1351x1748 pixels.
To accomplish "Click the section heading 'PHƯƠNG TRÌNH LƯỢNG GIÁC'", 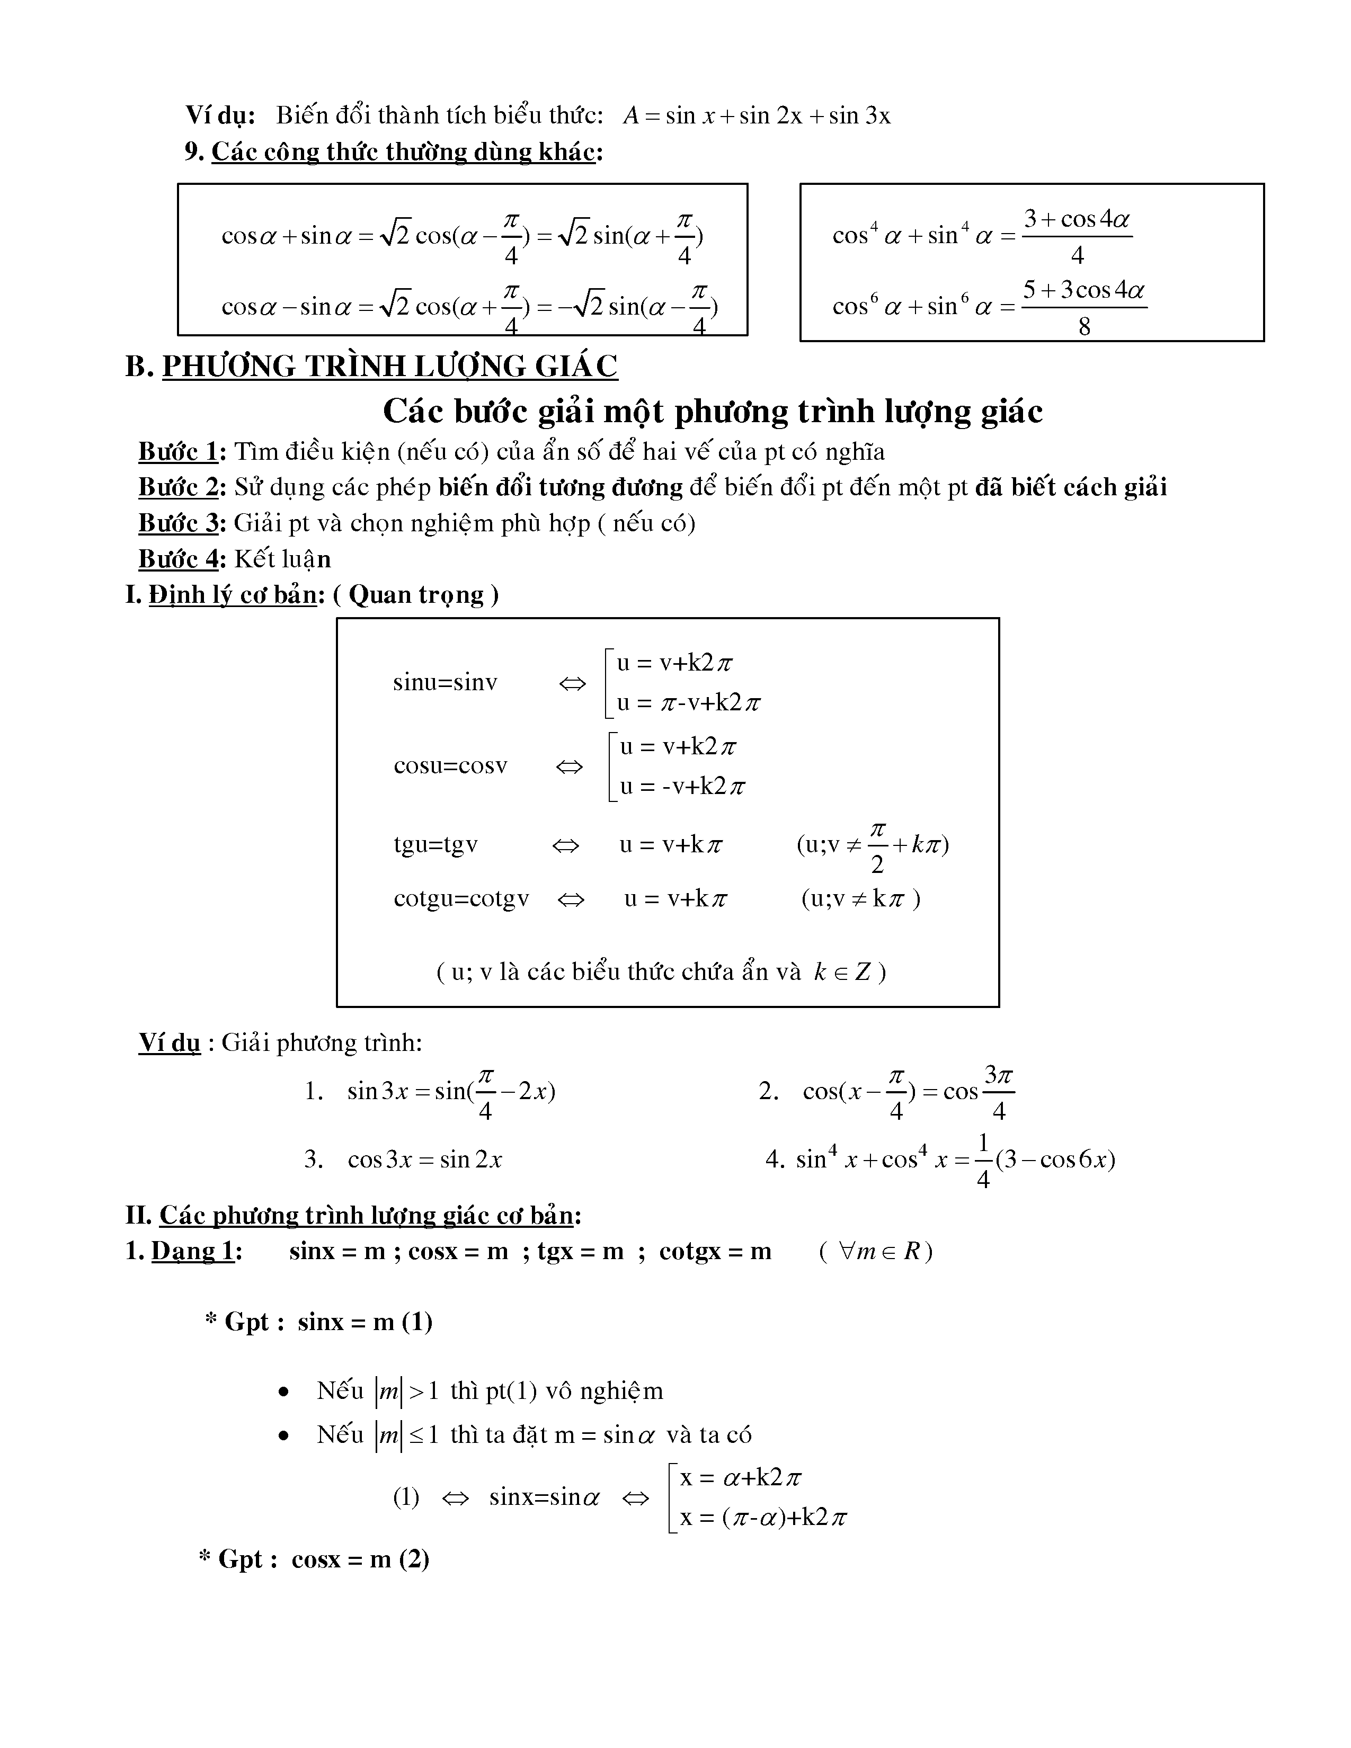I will click(x=390, y=367).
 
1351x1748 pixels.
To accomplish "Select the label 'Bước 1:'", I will click(x=182, y=452).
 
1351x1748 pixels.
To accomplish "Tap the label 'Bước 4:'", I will click(x=182, y=559).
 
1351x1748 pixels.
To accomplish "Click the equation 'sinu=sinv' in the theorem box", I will click(x=445, y=683).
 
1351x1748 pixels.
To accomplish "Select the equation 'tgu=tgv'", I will click(x=435, y=844).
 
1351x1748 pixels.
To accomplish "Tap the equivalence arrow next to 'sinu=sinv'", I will click(x=572, y=684).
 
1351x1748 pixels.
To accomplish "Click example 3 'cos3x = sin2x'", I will click(x=424, y=1160).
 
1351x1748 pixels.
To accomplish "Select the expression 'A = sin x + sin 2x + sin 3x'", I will click(x=757, y=116).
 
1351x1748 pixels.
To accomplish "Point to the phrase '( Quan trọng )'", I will click(x=415, y=595).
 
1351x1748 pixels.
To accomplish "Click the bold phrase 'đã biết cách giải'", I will click(x=1071, y=487).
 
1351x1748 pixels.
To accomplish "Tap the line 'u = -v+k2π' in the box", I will click(x=682, y=787).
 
